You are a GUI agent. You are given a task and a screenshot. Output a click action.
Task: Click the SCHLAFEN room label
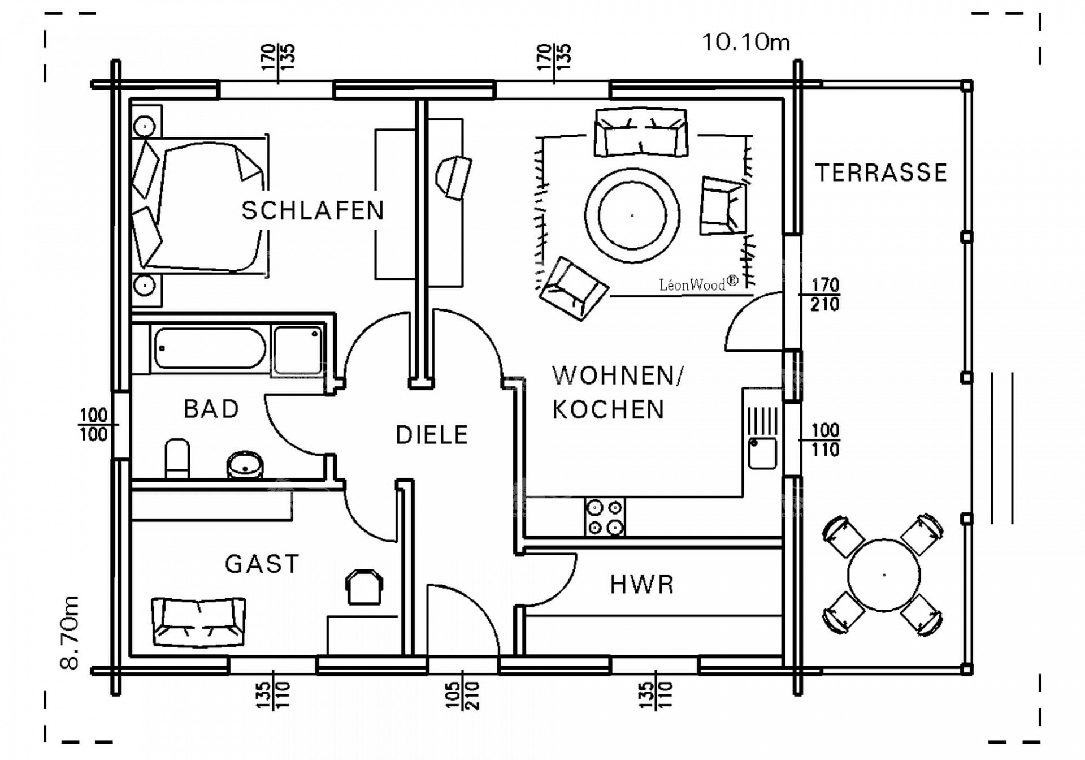[x=313, y=210]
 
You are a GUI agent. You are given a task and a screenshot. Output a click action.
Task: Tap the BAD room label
[x=211, y=409]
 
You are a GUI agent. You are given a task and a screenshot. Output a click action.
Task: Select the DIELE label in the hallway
[x=432, y=435]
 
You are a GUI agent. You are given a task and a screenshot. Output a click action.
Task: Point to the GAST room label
[x=262, y=564]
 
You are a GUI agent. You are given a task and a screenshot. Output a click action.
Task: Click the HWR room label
[x=643, y=585]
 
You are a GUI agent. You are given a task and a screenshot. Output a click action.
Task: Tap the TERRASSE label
[x=881, y=172]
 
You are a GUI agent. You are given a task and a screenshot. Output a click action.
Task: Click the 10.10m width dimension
[x=746, y=42]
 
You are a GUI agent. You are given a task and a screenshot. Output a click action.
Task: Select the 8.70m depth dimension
[x=70, y=632]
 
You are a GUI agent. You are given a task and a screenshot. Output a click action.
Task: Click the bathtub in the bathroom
[x=210, y=348]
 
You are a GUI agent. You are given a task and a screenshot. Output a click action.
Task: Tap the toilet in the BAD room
[x=177, y=458]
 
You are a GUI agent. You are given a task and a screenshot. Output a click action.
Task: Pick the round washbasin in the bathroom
[x=245, y=465]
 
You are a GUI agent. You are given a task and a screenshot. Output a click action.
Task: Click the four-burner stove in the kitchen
[x=604, y=517]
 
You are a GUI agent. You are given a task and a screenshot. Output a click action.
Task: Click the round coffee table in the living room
[x=632, y=215]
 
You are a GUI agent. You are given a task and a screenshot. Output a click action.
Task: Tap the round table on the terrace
[x=884, y=575]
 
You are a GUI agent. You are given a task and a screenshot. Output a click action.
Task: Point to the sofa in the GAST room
[x=199, y=621]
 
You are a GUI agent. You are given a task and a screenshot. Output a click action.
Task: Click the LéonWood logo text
[x=698, y=283]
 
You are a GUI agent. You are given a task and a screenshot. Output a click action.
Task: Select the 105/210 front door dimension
[x=462, y=695]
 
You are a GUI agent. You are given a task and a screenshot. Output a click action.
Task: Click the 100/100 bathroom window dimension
[x=94, y=425]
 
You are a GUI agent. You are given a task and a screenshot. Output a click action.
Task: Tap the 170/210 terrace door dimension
[x=824, y=295]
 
